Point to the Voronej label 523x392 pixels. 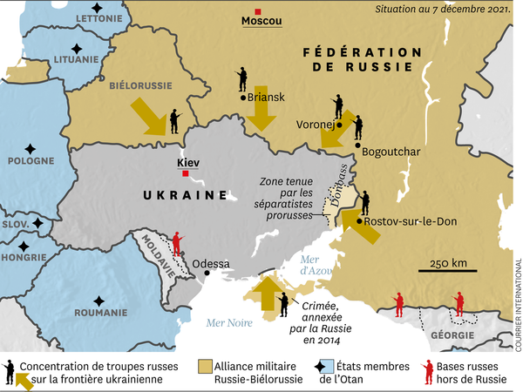[316, 123]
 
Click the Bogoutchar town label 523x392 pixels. [391, 152]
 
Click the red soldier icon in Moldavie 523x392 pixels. [178, 243]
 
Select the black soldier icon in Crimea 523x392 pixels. [283, 304]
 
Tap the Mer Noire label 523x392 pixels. [229, 323]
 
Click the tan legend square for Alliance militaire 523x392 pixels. [207, 365]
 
